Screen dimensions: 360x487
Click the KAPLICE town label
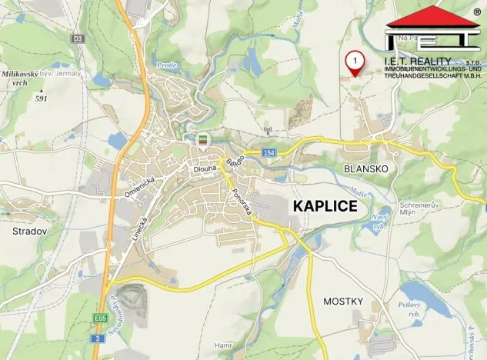pos(325,206)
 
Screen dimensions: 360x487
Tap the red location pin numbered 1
pos(355,62)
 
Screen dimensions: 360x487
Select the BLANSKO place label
pos(366,168)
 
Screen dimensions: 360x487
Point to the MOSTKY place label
pos(342,301)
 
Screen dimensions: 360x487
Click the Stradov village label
pos(29,231)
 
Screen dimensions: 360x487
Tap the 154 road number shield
pos(268,153)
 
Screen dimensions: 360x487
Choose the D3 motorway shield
pos(77,38)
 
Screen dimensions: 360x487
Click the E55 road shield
pos(101,318)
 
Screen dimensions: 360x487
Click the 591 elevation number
pos(41,98)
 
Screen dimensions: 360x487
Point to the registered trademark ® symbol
pos(477,12)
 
